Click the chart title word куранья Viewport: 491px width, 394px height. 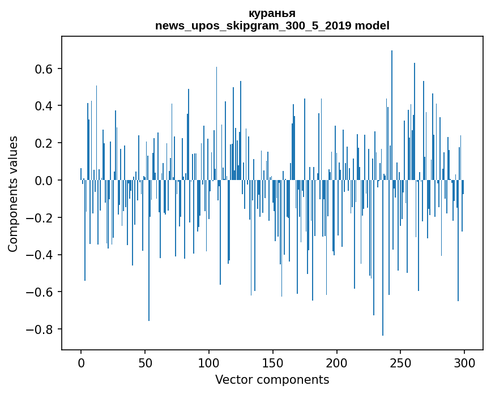(272, 13)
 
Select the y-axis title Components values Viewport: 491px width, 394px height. (13, 194)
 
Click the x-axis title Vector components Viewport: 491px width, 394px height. (272, 379)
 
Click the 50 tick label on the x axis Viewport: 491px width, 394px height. (145, 362)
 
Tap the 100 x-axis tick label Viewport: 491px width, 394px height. (209, 362)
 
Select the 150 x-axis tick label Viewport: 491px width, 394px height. (273, 362)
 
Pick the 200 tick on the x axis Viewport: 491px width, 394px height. (337, 362)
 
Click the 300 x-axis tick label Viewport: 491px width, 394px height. (464, 362)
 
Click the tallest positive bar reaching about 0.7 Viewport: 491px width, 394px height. (392, 113)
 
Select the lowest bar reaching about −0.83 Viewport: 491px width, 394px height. (383, 260)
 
